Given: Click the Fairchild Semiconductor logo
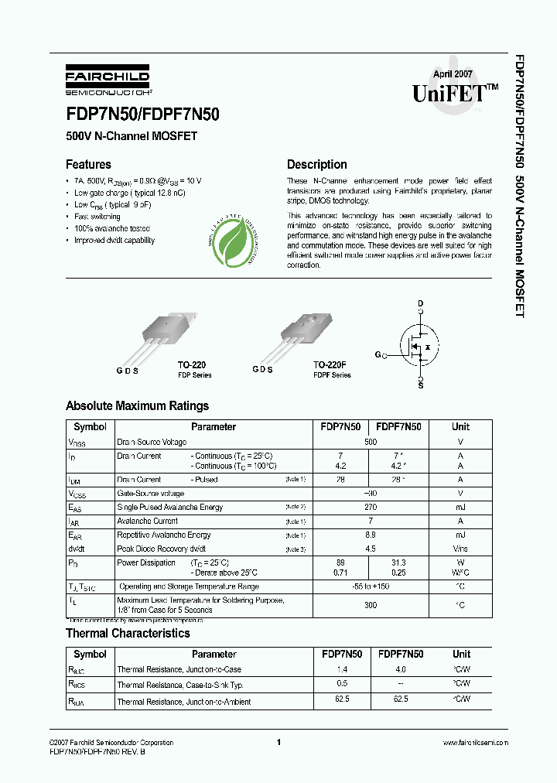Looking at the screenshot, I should coord(107,79).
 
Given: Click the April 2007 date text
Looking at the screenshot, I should coord(453,74).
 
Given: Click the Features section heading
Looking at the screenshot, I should coord(88,165).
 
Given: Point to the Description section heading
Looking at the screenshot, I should coord(316,165).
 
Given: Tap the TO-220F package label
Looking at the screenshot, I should coord(330,364).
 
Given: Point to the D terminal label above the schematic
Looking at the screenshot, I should coord(421,303).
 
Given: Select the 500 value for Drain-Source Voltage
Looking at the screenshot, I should coord(371,442).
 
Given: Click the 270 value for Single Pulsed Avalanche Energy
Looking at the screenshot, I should coord(371,508).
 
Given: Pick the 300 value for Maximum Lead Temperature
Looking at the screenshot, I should coord(371,605).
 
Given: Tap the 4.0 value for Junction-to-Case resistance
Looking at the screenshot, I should coord(400,669).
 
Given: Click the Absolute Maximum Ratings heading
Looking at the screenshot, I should coord(137,406).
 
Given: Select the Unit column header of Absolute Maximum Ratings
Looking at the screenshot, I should coord(460,427).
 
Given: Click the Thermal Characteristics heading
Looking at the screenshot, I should coord(128,634).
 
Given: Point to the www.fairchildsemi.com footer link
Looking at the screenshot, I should coord(473,742).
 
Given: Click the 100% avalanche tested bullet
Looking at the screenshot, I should coord(112,229).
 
